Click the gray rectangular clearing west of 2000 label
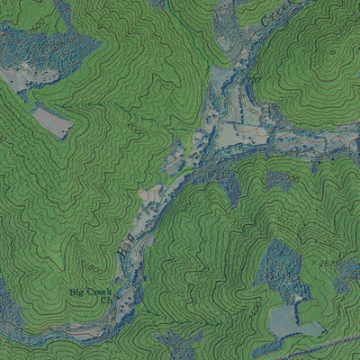tap(51, 121)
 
